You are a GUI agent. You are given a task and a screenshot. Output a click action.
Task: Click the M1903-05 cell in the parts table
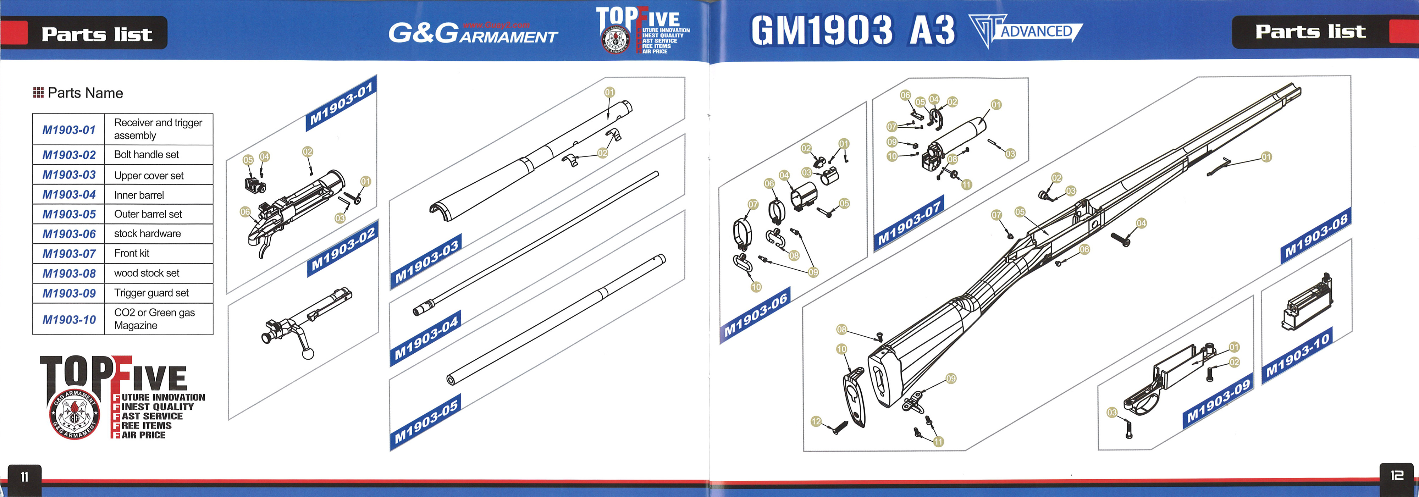tap(69, 214)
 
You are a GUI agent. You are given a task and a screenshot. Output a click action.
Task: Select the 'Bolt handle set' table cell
tap(159, 155)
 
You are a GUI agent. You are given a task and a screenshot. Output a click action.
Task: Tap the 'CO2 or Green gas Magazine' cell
tap(159, 319)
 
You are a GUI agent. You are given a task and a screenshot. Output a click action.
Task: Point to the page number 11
tap(24, 477)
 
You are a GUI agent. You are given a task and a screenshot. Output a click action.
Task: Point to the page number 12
tap(1396, 475)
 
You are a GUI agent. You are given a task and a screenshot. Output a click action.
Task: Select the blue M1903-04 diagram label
tap(426, 337)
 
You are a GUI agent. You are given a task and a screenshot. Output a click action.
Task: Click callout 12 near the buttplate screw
tap(816, 421)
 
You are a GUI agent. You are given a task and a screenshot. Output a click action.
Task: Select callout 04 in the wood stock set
tap(1141, 223)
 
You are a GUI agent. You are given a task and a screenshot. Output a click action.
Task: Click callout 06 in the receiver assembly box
tap(245, 211)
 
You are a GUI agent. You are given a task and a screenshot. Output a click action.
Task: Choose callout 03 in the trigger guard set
tap(1112, 412)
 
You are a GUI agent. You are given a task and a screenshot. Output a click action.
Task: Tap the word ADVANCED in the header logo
tap(1036, 32)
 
